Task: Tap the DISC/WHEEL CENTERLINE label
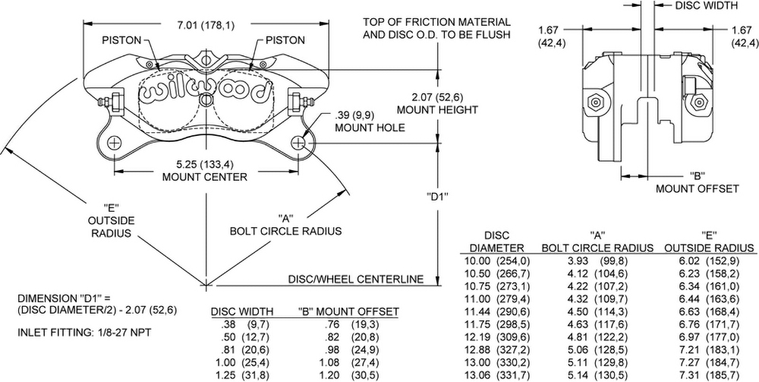[355, 279]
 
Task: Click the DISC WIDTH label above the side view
[706, 5]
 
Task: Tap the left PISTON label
[123, 39]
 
